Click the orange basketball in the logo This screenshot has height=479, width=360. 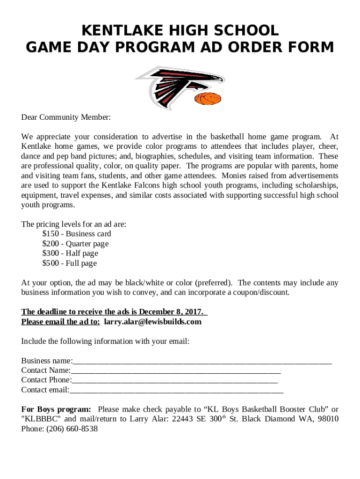[x=207, y=99]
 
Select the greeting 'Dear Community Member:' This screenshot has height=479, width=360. [x=66, y=117]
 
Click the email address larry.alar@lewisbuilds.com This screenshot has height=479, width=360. [x=152, y=321]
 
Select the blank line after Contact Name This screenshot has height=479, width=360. [x=176, y=370]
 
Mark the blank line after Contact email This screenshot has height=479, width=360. [x=176, y=390]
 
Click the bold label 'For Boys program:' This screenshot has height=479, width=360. [x=56, y=409]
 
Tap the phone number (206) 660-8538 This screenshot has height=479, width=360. [x=72, y=428]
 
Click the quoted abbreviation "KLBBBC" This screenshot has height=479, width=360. [x=39, y=419]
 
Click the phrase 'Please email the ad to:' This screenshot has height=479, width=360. [x=60, y=321]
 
